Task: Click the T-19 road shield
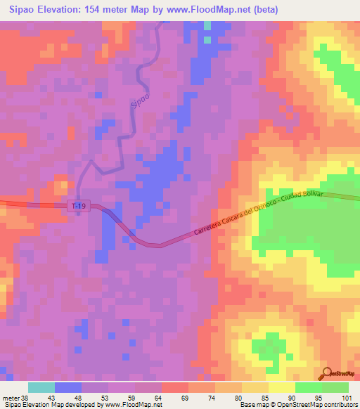pos(79,205)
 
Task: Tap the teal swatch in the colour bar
pos(41,387)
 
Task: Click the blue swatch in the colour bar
pos(68,387)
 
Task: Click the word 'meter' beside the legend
pos(10,398)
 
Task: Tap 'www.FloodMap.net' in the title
pos(215,10)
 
